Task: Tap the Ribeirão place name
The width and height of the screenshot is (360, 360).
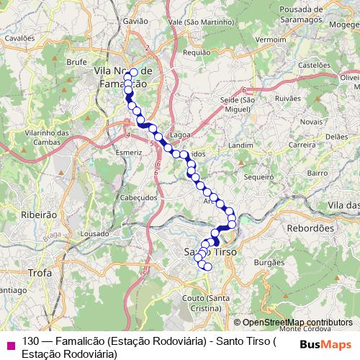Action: pyautogui.click(x=39, y=215)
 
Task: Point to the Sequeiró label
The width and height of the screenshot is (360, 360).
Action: pyautogui.click(x=258, y=176)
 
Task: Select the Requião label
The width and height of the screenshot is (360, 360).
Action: pyautogui.click(x=197, y=53)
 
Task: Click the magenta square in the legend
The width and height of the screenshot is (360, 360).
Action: pyautogui.click(x=10, y=343)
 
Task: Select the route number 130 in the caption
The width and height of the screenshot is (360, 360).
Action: pyautogui.click(x=30, y=342)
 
